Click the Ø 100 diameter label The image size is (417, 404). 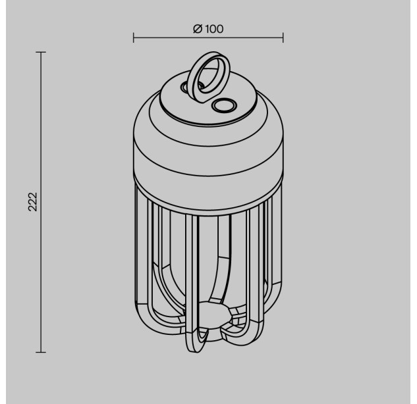(x=208, y=29)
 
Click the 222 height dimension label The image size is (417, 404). (x=33, y=201)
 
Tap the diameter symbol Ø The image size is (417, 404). (x=198, y=29)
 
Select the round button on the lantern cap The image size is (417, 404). (x=224, y=105)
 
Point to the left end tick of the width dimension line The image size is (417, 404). (x=134, y=38)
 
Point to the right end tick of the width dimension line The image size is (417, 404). (x=283, y=38)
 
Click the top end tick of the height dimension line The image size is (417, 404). (x=41, y=52)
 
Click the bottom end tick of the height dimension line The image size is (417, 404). (x=41, y=352)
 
